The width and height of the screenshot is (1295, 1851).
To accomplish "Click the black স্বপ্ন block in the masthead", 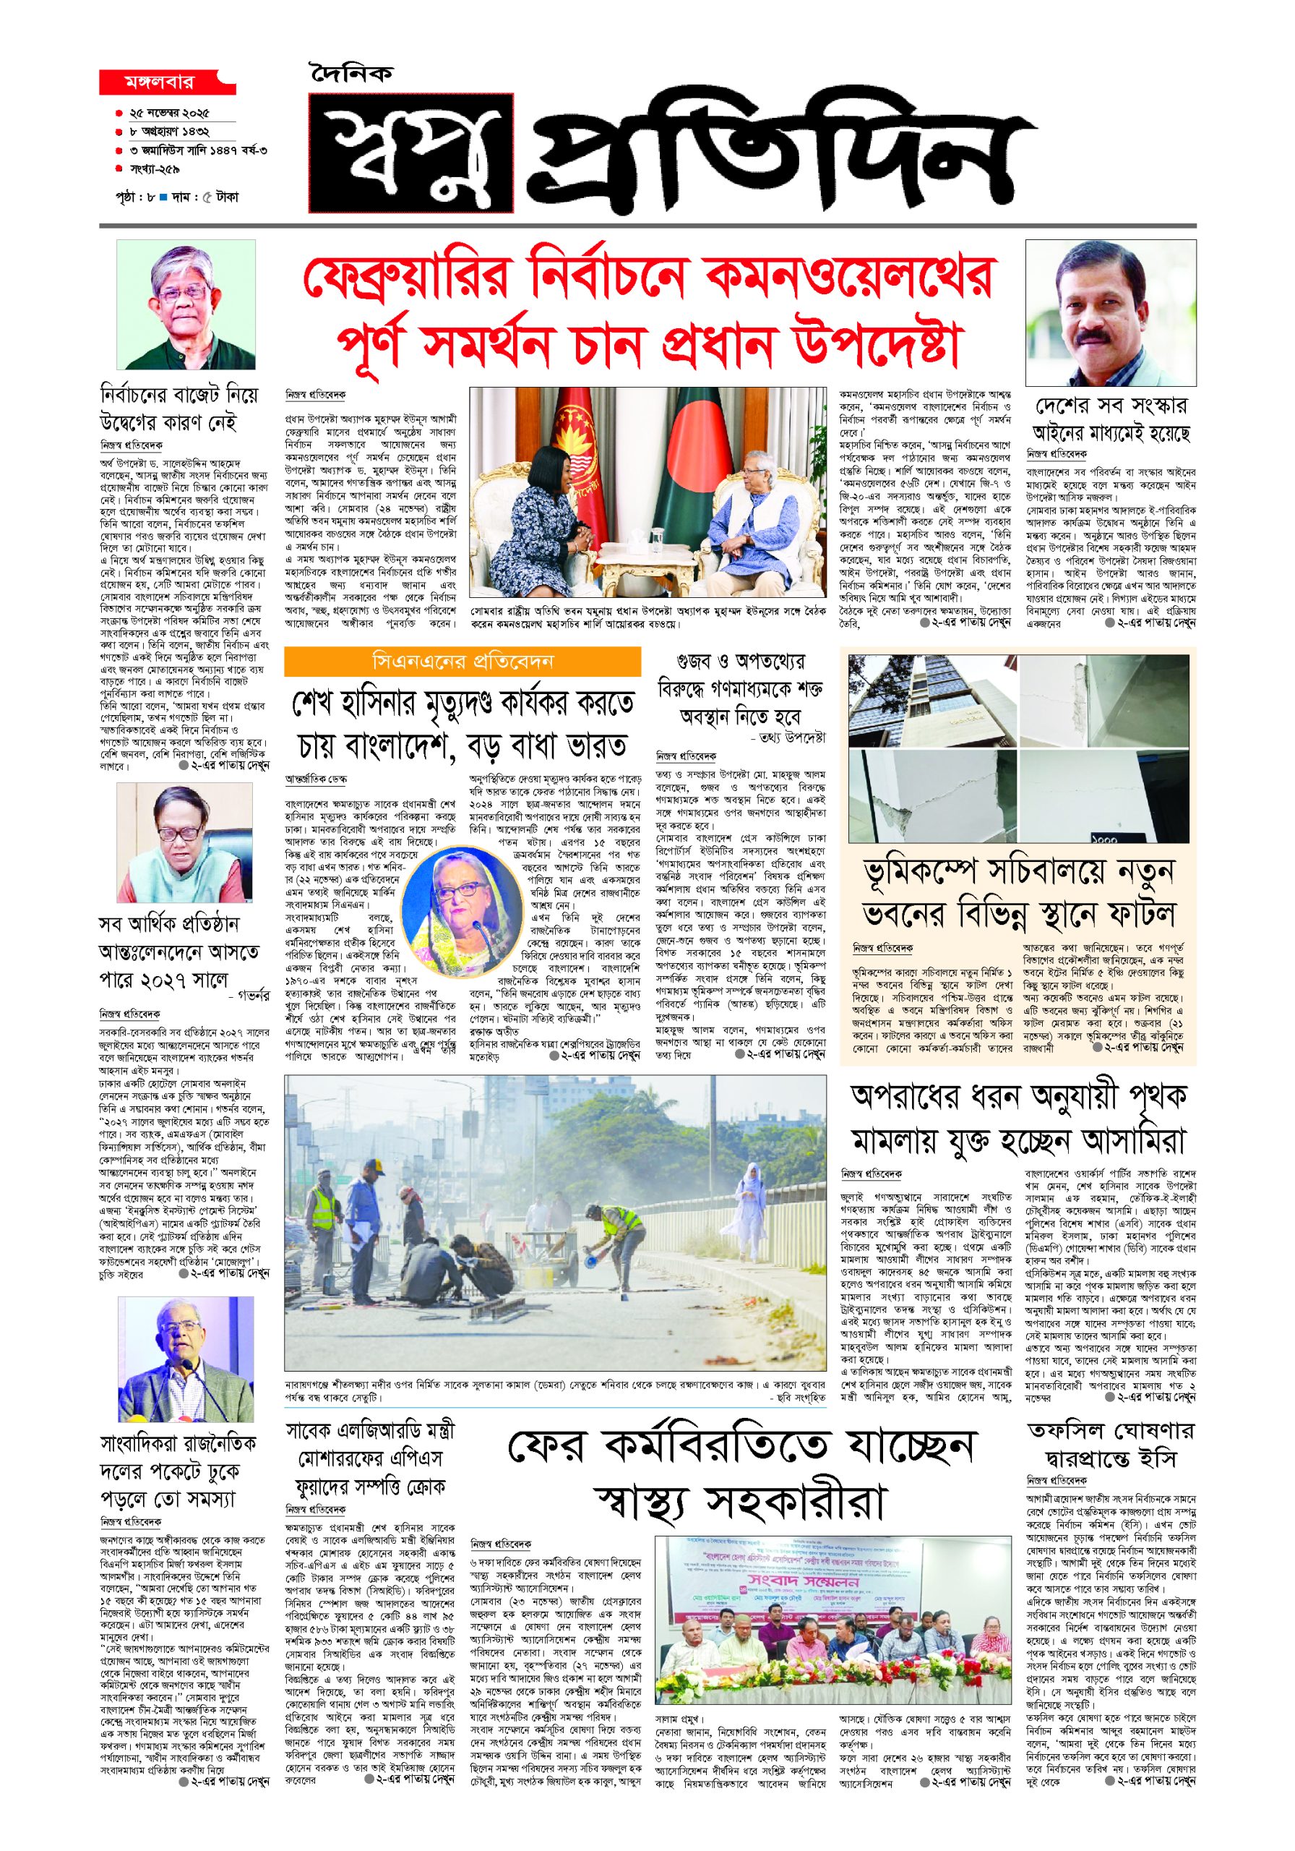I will (x=411, y=153).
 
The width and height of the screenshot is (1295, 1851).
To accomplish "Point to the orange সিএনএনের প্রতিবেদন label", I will (x=462, y=661).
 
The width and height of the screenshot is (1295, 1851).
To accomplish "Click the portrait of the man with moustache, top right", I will (x=1110, y=313).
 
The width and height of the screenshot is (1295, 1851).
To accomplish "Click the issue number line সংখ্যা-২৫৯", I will (x=155, y=170).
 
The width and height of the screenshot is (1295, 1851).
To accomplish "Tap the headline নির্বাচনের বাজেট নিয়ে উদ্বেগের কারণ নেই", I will (x=179, y=409).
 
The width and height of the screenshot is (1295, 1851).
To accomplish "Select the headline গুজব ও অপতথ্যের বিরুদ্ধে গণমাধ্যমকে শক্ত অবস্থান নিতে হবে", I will (x=741, y=688).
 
